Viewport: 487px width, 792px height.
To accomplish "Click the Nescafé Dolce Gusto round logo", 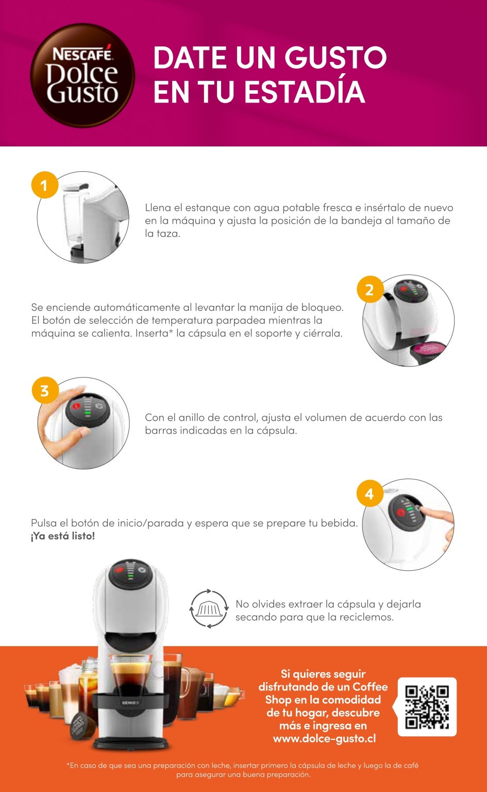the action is point(82,75).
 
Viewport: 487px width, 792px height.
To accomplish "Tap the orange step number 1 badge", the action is point(44,185).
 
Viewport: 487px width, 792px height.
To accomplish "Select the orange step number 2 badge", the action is point(370,289).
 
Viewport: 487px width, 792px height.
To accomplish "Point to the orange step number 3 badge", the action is point(45,390).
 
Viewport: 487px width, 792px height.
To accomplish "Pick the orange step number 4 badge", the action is point(370,493).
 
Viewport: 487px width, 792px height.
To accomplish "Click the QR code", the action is point(427,707).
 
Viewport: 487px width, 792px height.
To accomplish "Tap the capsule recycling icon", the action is point(209,609).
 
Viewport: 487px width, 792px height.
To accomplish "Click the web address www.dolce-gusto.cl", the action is point(325,738).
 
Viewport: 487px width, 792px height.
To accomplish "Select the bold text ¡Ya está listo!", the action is point(63,536).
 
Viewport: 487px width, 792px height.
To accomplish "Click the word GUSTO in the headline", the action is point(335,57).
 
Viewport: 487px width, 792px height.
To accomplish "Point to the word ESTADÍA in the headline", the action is point(305,92).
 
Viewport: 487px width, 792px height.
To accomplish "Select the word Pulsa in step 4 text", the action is point(44,523).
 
